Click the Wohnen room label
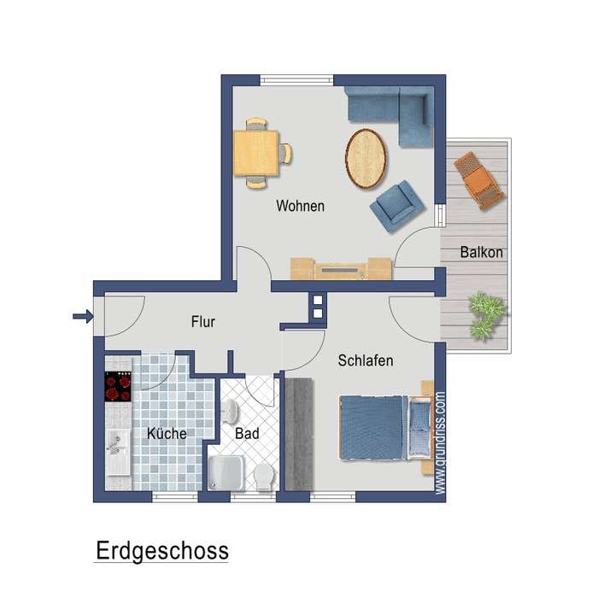point(300,207)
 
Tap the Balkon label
point(481,253)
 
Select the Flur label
point(202,322)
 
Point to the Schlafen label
point(365,360)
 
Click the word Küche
point(167,434)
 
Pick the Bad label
point(247,434)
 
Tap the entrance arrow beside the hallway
point(82,318)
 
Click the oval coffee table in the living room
point(367,157)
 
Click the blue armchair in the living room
point(397,206)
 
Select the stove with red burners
point(118,387)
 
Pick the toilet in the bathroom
point(261,476)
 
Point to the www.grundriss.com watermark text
point(440,443)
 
